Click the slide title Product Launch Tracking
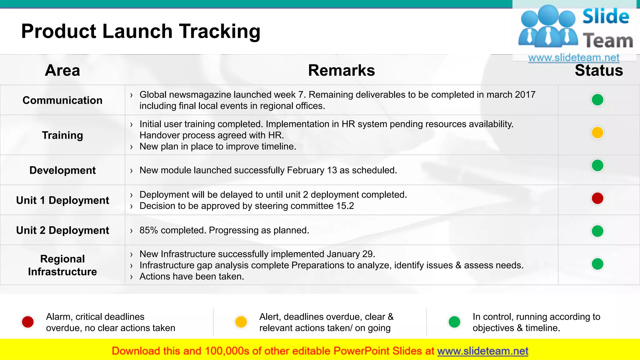[x=141, y=31]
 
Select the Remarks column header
[x=341, y=70]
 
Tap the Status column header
[x=598, y=70]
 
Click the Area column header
[x=62, y=70]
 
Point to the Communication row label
[x=62, y=100]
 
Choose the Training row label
[x=62, y=135]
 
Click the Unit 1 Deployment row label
[x=62, y=200]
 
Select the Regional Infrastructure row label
[x=62, y=265]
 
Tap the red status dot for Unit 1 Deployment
[x=597, y=198]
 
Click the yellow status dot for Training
[x=597, y=132]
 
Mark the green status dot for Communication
[x=597, y=100]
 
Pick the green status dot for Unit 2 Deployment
[x=597, y=231]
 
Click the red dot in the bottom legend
[x=28, y=322]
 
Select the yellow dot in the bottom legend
[x=241, y=322]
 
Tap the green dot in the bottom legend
[x=454, y=322]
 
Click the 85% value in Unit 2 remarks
[x=149, y=230]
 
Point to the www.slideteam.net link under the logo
[x=573, y=57]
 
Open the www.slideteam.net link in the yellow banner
[x=482, y=351]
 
